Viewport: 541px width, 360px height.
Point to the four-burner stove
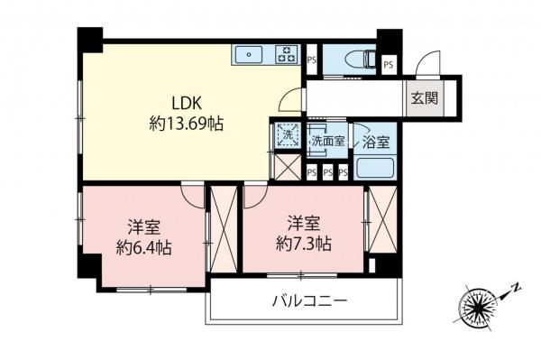pos(286,54)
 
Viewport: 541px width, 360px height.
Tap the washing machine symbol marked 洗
pos(287,134)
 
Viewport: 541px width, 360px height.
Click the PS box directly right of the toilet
pos(389,64)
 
